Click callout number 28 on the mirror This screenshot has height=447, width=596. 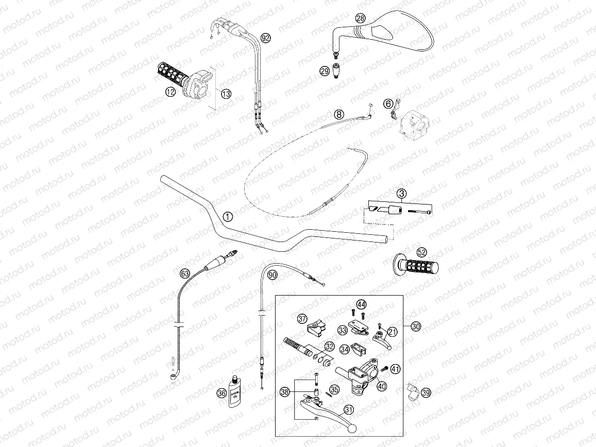360,18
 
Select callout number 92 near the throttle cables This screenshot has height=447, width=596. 265,38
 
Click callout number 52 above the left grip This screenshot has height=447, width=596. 422,252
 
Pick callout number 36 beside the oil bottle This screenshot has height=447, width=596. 222,393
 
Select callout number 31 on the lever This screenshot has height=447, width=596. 349,410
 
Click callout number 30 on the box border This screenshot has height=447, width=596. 416,326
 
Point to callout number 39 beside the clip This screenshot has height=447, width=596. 426,393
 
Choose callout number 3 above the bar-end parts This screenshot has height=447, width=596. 401,194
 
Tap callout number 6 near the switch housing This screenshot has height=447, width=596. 388,104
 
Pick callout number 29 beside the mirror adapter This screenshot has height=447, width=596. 325,71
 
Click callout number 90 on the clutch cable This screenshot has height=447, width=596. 273,275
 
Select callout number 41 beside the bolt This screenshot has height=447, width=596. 395,368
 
